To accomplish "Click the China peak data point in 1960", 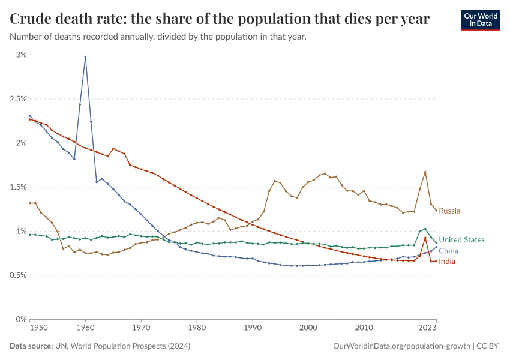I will click(x=85, y=57).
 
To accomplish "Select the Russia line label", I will click(x=449, y=211).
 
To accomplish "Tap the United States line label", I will click(x=461, y=240).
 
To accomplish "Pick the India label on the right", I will click(x=447, y=262).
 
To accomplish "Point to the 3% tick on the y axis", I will click(x=21, y=55).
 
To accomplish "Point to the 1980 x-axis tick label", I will click(x=197, y=328).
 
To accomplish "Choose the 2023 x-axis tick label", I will click(x=427, y=328).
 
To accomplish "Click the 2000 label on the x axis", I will click(x=308, y=328).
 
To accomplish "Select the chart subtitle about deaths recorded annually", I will click(x=158, y=37).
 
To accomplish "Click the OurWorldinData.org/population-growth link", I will click(x=400, y=346).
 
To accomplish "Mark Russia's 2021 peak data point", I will click(x=425, y=172).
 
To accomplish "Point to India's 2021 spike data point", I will click(x=425, y=238).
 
